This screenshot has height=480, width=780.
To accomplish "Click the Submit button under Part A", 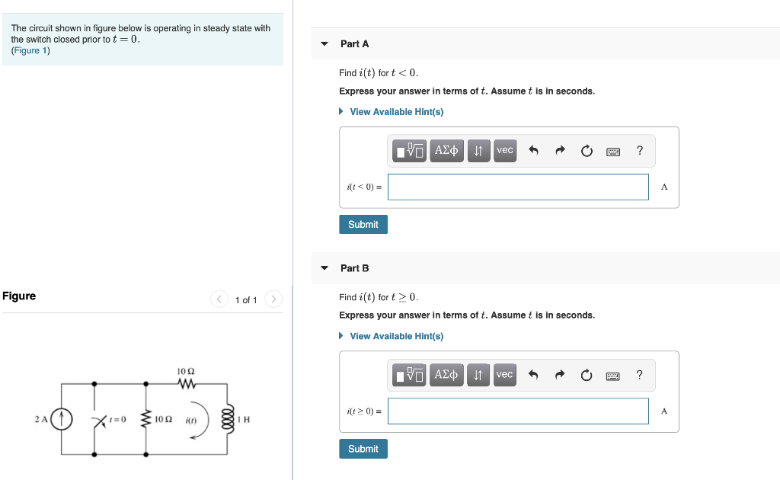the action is coord(363,224).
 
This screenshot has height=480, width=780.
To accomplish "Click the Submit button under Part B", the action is coord(363,449).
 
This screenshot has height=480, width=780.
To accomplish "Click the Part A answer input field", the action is coord(518,187).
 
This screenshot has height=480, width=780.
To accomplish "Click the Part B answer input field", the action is coord(518,411).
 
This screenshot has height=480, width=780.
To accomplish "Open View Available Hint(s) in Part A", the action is coord(396,112).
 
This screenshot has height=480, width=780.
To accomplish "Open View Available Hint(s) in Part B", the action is coord(396,336).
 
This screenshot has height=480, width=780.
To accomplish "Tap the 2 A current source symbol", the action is coord(62,419).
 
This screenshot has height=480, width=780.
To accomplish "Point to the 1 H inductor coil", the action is coord(228,419).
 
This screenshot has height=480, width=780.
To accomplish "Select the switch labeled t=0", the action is coord(100,421).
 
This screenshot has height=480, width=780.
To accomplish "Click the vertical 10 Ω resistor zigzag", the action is coord(145,419).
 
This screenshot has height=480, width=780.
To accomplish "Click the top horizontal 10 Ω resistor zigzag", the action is coord(187,383).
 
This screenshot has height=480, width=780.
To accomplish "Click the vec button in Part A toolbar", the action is coord(505,150).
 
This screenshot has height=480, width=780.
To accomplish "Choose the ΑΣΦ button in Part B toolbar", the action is coord(446,375).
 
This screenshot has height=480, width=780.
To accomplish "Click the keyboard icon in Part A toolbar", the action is coord(613,152).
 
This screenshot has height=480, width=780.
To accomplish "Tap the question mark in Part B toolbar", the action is coord(640,375).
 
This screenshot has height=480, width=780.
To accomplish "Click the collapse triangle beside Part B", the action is coord(324,268).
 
